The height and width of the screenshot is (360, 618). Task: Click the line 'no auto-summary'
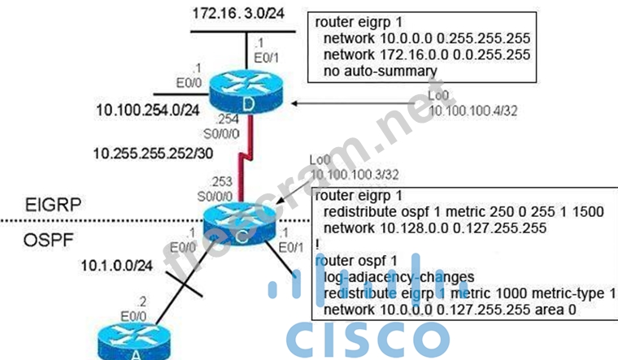click(x=377, y=70)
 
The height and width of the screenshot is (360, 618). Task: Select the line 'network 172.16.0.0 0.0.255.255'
click(x=426, y=54)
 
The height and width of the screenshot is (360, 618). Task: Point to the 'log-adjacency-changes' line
click(x=395, y=275)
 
